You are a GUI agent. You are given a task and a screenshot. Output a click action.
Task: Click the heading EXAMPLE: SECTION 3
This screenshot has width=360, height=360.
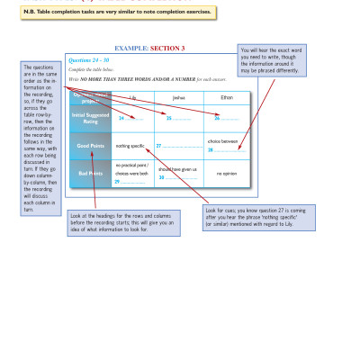(150, 48)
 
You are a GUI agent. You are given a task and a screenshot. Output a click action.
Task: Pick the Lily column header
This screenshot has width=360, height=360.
(131, 96)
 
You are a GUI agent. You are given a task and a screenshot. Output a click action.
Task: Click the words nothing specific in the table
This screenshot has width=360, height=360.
(130, 145)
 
